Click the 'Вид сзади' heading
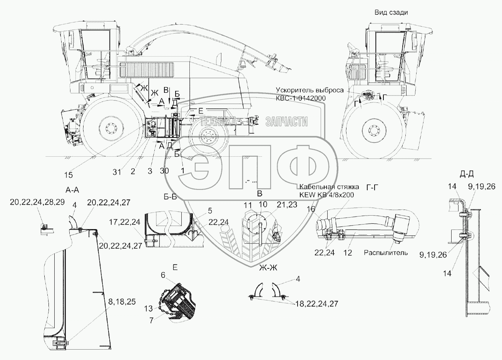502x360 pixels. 391,12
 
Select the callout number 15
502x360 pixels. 68,175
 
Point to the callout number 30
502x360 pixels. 164,171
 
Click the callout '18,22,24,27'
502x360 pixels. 317,304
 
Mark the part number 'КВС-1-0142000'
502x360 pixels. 301,98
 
